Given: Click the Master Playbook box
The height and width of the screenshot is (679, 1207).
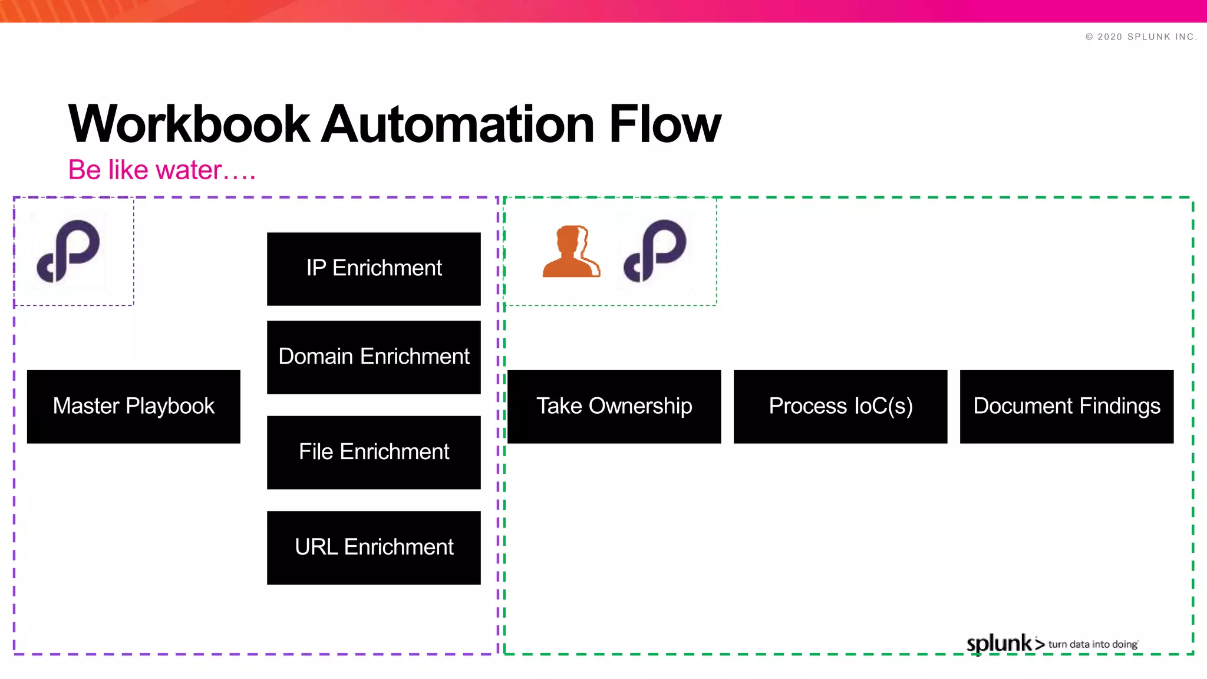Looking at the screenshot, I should [134, 407].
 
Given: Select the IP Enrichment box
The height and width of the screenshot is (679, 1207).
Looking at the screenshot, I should [374, 269].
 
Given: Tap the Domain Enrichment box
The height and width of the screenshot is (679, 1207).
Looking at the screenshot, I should [374, 357].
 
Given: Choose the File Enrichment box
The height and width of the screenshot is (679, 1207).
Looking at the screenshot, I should [374, 453].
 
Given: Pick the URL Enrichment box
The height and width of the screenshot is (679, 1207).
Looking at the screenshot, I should [374, 548].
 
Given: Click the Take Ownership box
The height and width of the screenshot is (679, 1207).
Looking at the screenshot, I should [614, 407].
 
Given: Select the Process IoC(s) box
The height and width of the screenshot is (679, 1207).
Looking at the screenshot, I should [840, 407].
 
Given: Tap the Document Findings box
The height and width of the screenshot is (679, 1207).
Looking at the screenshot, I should [1067, 407].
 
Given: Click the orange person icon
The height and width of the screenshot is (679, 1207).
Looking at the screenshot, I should [570, 252].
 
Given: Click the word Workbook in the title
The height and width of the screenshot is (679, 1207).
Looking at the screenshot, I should [189, 124].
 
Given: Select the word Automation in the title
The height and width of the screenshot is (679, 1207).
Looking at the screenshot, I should [458, 124].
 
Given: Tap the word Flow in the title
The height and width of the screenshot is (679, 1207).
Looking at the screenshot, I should [665, 124].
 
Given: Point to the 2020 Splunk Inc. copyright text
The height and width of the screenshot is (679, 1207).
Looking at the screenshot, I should [1141, 37].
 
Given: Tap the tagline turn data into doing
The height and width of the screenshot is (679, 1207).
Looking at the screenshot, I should [1093, 645].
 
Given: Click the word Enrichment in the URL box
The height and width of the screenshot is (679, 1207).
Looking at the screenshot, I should [399, 548].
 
